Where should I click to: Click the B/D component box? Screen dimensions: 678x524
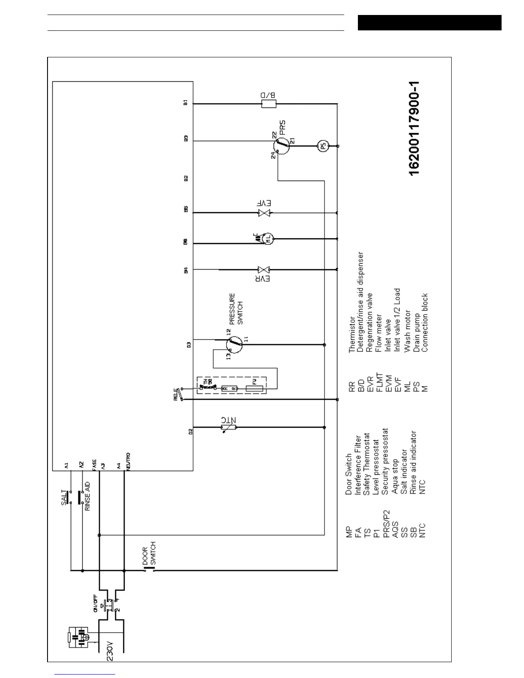[269, 103]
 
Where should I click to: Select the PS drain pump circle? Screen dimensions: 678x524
[323, 146]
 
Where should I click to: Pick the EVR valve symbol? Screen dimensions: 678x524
[263, 270]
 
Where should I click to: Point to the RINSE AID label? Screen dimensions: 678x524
[87, 497]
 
